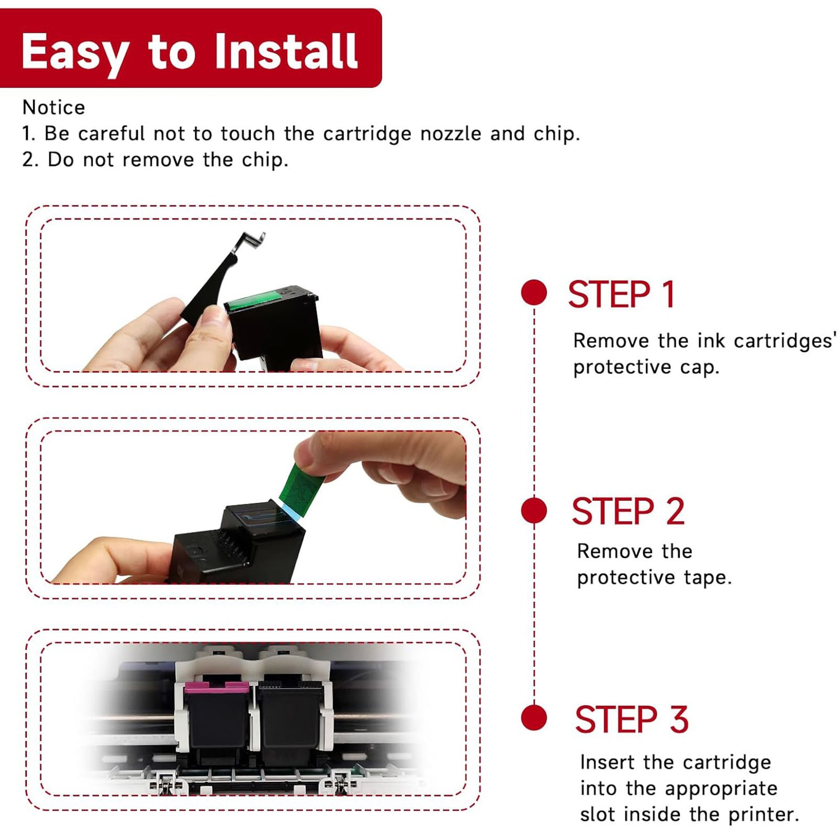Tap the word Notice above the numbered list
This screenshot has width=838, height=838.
tap(53, 107)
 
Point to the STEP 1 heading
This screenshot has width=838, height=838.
tap(622, 294)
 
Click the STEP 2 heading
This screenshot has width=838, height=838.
tap(628, 511)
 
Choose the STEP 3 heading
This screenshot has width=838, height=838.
tap(632, 720)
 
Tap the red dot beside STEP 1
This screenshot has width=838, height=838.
tap(534, 292)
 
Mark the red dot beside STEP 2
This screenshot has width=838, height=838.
tap(534, 510)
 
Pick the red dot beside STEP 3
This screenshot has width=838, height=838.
tap(534, 718)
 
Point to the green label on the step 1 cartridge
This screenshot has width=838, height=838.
tap(254, 300)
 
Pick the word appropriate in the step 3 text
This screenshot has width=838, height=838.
tap(721, 789)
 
